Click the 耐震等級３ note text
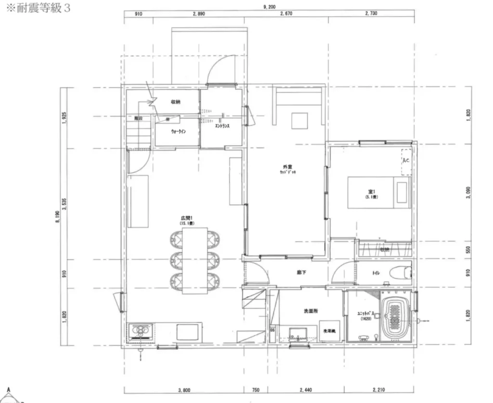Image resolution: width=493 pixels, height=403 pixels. click(38, 9)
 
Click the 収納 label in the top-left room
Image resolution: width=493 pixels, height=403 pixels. click(175, 102)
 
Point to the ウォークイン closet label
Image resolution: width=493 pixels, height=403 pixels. click(178, 131)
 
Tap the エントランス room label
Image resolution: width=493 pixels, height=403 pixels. click(222, 126)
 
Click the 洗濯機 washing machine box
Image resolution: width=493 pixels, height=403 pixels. click(329, 331)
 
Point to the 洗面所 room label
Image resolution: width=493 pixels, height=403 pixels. click(311, 311)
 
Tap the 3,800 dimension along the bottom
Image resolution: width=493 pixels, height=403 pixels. click(183, 390)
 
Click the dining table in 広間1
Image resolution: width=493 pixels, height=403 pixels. click(195, 260)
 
